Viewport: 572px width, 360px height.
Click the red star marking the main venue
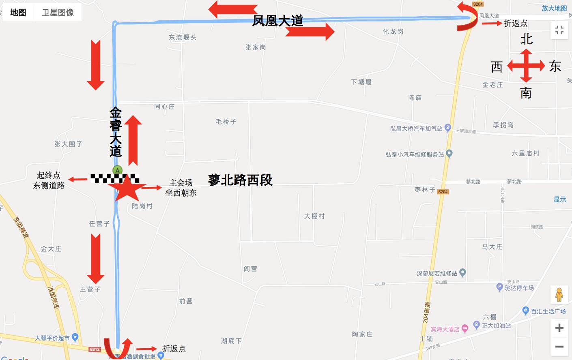126,188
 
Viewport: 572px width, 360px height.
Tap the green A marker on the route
117,170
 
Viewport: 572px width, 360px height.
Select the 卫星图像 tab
58,13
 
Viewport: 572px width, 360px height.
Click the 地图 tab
18,13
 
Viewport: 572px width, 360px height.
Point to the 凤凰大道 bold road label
277,21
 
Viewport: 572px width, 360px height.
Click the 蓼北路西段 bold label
240,180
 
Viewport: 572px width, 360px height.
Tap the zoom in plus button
559,328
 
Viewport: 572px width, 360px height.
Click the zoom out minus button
559,346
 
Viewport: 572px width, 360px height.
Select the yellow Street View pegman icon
559,295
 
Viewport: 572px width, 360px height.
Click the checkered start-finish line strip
114,178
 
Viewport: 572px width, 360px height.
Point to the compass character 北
526,39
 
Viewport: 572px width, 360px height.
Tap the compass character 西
497,66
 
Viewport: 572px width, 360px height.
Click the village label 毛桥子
226,121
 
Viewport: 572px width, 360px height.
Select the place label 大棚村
314,216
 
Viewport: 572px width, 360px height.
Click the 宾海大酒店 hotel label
445,329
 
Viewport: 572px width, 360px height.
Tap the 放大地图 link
554,8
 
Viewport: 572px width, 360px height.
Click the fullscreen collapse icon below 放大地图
559,30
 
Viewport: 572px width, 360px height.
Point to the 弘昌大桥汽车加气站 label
416,129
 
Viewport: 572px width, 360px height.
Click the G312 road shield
95,349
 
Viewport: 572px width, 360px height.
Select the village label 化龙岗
393,32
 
